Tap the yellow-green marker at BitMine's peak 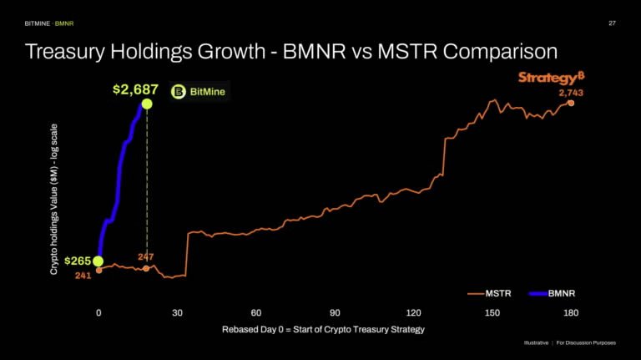point(147,104)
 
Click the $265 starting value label point(77,261)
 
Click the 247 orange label point(146,256)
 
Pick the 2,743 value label point(570,92)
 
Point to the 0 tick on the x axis point(98,312)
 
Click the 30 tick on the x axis point(177,312)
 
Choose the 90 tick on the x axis point(335,312)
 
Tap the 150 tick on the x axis point(492,312)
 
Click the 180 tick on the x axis point(571,312)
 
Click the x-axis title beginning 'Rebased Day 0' point(323,329)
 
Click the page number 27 point(612,23)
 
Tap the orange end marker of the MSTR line point(572,103)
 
